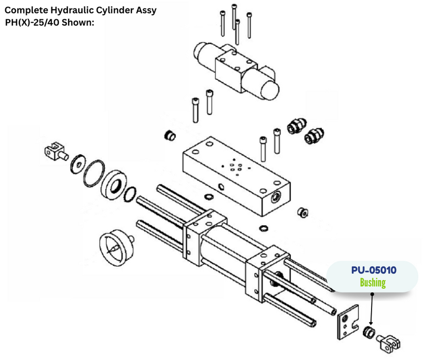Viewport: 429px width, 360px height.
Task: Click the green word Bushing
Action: coord(373,283)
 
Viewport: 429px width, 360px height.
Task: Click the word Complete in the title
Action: coord(25,10)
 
